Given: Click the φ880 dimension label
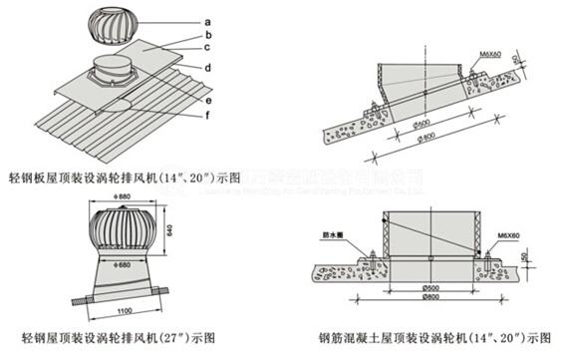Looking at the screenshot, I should (x=124, y=198).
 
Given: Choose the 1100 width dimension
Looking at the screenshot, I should (x=122, y=313).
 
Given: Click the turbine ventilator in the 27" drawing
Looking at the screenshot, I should (x=121, y=232).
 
